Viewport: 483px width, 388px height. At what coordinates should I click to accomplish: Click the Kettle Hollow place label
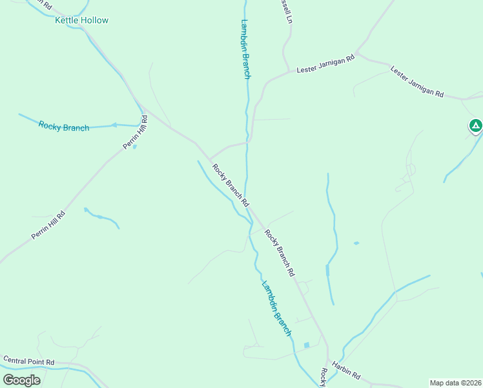tap(81, 20)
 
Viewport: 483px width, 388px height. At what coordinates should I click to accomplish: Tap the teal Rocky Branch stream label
tap(64, 127)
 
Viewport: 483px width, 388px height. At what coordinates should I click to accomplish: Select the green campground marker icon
tap(476, 125)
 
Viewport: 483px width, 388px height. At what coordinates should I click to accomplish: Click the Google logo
tap(22, 380)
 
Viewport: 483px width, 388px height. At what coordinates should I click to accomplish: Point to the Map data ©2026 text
tap(455, 383)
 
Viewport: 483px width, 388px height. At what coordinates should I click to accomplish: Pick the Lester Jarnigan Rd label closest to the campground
tap(417, 82)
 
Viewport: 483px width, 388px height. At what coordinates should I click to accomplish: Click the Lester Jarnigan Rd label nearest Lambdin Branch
tap(325, 64)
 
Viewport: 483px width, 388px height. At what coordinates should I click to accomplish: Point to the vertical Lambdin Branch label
tap(245, 49)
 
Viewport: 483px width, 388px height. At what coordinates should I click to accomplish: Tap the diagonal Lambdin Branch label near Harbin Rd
tap(276, 308)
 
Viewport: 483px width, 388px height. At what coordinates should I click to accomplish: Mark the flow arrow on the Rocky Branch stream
tap(114, 125)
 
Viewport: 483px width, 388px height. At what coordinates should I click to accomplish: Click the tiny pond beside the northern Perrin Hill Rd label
tap(134, 147)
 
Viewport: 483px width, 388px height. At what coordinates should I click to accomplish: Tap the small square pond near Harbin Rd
tap(307, 345)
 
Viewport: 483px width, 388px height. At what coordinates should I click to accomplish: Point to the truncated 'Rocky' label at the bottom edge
tap(323, 378)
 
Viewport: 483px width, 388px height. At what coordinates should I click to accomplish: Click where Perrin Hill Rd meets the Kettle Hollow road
tap(142, 107)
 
